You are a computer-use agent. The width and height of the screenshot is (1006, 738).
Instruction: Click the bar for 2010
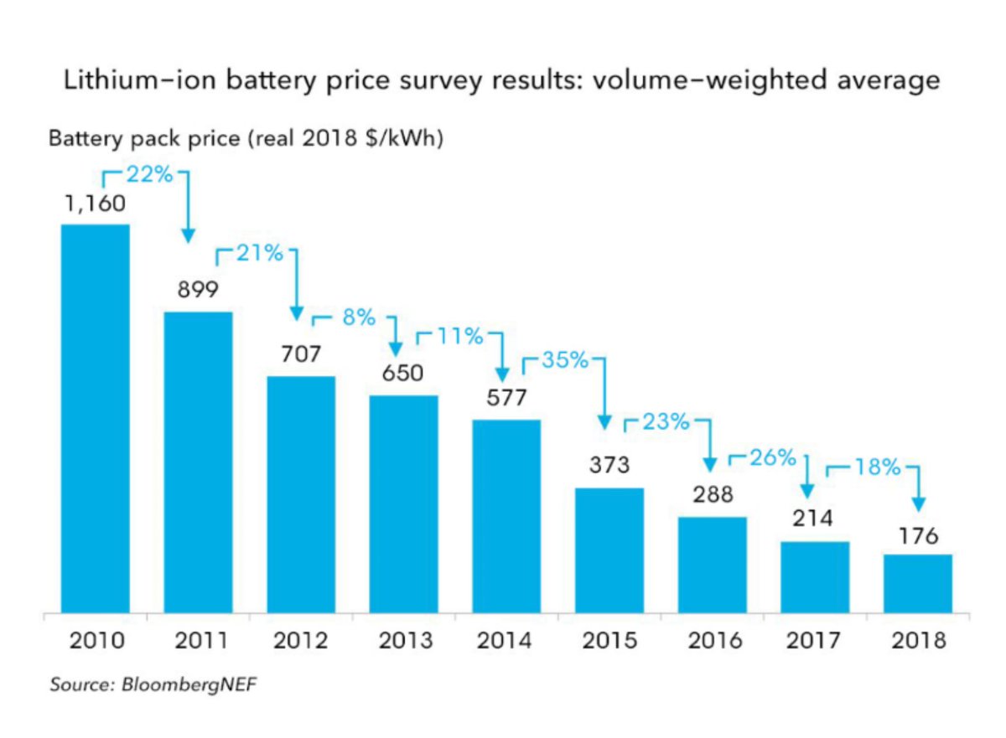95,419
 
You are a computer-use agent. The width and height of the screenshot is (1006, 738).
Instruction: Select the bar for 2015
609,550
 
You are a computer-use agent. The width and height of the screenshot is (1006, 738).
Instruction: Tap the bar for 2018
918,583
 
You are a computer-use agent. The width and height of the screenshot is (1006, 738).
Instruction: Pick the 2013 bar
403,503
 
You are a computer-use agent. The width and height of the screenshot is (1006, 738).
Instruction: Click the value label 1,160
95,203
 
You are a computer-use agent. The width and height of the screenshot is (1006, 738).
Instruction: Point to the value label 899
198,290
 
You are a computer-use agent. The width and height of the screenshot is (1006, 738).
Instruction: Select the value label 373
609,465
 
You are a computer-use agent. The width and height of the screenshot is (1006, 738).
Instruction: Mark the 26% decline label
771,457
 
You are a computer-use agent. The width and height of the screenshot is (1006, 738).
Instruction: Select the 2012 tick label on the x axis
300,641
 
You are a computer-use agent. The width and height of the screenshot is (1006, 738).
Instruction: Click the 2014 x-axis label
506,641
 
